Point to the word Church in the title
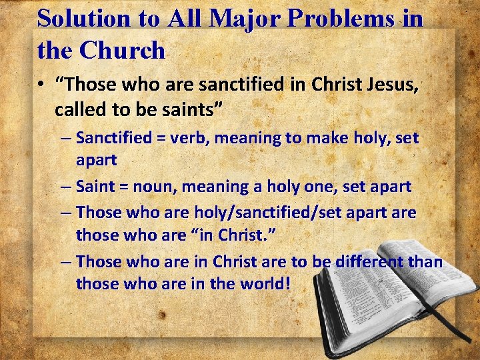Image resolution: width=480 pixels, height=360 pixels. tap(124, 49)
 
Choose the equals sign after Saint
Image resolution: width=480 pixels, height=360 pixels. tap(122, 187)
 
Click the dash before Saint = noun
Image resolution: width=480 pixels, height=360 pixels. tap(66, 187)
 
